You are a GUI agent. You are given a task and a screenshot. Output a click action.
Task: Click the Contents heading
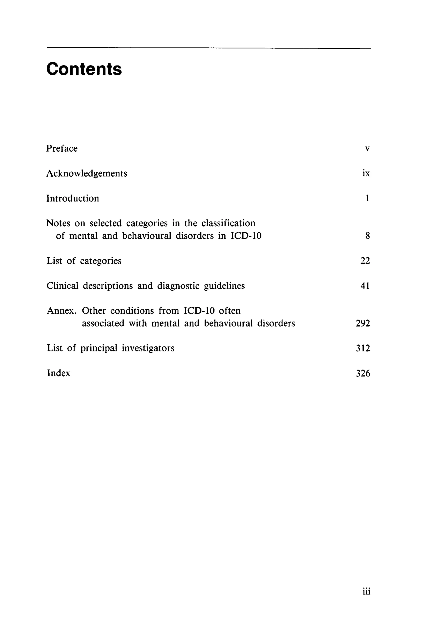click(84, 69)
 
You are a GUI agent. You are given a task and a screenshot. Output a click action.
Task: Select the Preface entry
click(62, 148)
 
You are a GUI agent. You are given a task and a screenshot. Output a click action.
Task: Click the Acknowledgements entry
click(87, 174)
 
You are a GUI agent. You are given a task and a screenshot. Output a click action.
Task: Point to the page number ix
click(366, 173)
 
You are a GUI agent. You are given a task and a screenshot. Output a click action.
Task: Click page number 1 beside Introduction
click(367, 198)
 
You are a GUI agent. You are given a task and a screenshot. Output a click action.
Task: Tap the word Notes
click(58, 223)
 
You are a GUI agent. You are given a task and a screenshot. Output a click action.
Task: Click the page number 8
click(367, 236)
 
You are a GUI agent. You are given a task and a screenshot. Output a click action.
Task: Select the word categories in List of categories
click(101, 261)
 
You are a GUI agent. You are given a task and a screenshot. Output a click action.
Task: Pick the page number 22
click(365, 261)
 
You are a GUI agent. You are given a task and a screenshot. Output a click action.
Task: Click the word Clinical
click(62, 286)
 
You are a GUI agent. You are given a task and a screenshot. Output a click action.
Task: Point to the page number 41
click(365, 286)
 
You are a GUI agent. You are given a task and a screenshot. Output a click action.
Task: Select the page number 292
click(363, 323)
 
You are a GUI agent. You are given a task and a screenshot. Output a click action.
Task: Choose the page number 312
click(363, 348)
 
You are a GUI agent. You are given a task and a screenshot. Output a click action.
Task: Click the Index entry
click(59, 373)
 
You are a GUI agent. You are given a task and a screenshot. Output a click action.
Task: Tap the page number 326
click(363, 373)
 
